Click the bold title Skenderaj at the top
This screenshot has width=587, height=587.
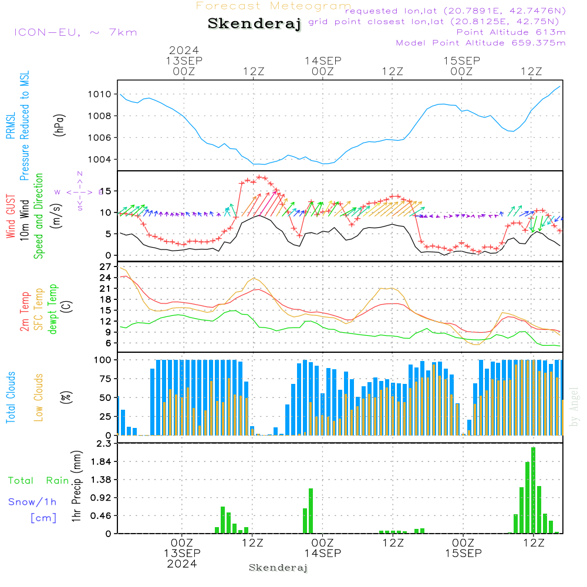point(255,23)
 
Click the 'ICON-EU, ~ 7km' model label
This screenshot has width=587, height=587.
point(75,32)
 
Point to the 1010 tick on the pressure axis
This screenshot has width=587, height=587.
point(100,94)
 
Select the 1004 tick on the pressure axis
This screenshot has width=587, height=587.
point(100,160)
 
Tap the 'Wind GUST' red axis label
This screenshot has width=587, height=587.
point(11,218)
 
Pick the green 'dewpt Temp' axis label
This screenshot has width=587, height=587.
point(53,309)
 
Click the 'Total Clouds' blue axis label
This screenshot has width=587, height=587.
point(11,397)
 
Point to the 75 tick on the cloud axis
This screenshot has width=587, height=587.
point(104,379)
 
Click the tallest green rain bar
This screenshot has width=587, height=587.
point(534,490)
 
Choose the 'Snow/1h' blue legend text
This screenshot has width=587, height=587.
point(33,502)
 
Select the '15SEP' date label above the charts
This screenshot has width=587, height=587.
point(462,60)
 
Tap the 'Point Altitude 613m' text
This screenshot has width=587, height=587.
point(511,32)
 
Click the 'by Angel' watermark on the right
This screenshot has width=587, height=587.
point(574,407)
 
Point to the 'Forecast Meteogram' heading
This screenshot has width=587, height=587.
point(274,6)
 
